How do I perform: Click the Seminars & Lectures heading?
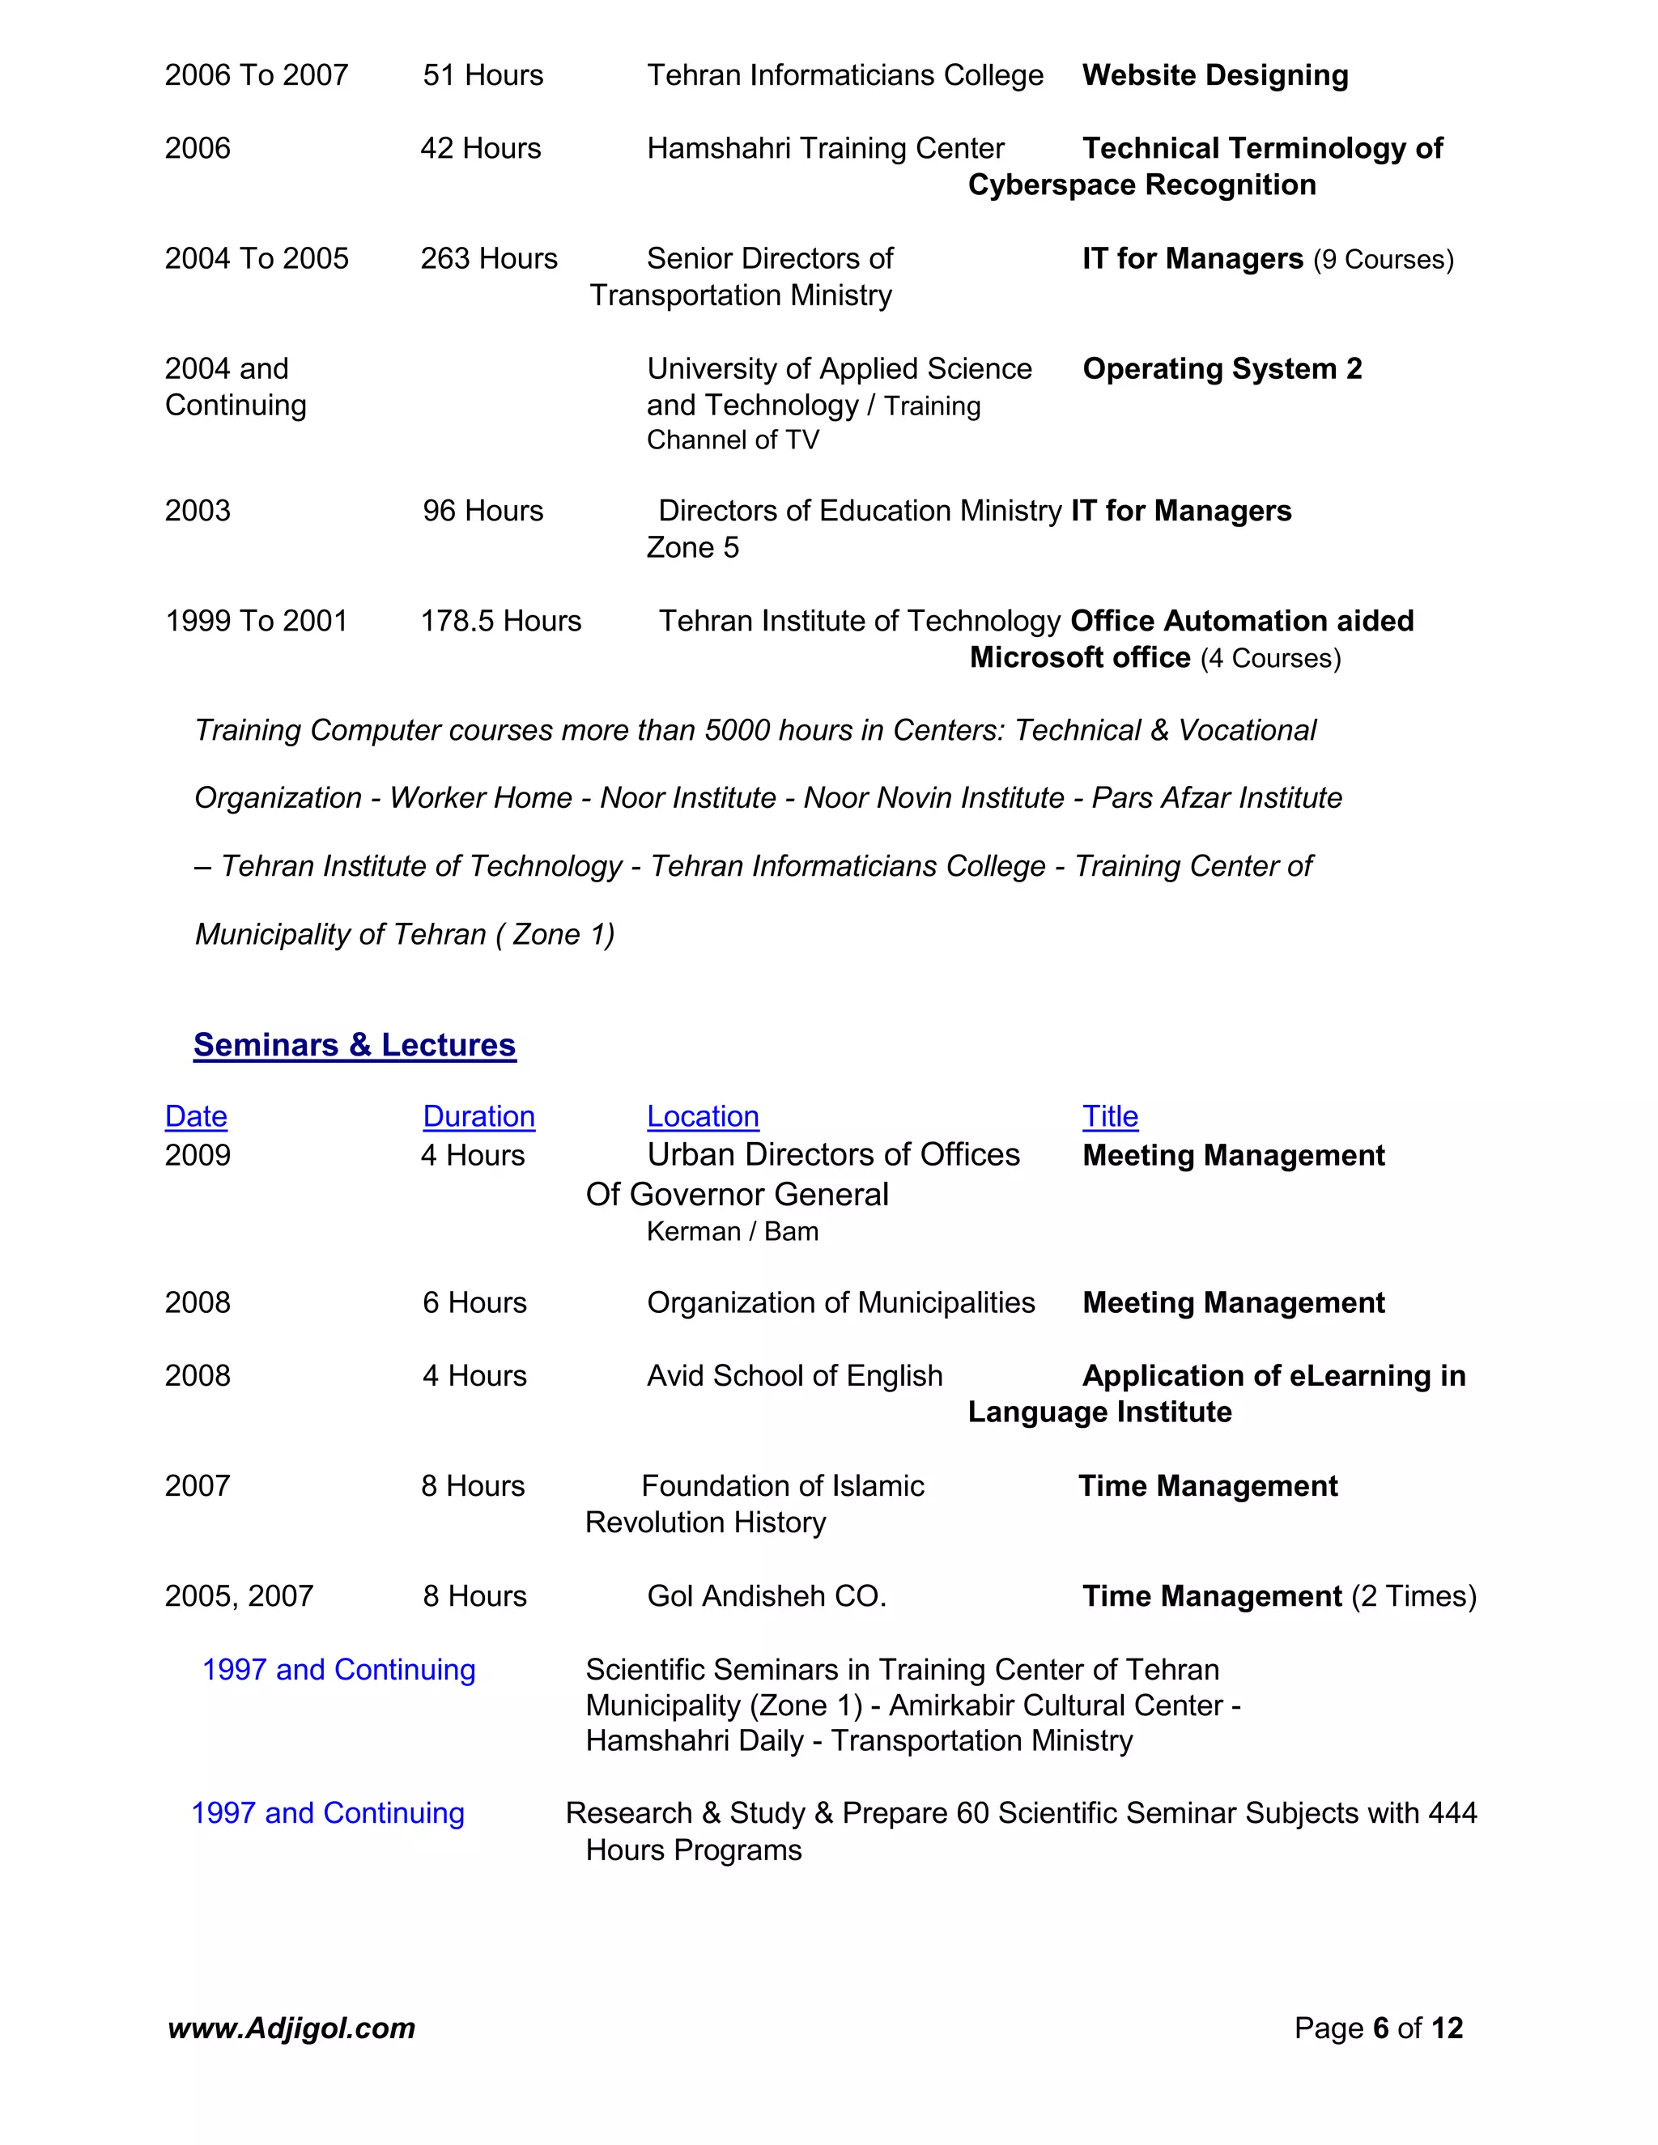coord(354,1045)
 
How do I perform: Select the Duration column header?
coord(478,1117)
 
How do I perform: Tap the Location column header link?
coord(702,1117)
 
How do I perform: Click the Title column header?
coord(1110,1117)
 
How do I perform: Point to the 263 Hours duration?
coord(488,258)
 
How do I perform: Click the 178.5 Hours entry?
coord(500,621)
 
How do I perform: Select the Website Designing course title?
coord(1215,75)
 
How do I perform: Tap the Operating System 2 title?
coord(1222,369)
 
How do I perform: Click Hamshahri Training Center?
coord(825,148)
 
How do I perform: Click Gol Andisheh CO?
coord(766,1596)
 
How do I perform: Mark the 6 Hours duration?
coord(474,1303)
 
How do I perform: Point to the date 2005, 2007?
coord(239,1596)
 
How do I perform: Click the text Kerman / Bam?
coord(732,1232)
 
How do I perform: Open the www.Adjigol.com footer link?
coord(291,2028)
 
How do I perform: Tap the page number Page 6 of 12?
coord(1378,2028)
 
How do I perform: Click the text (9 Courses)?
coord(1383,261)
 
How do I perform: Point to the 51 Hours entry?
coord(483,75)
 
